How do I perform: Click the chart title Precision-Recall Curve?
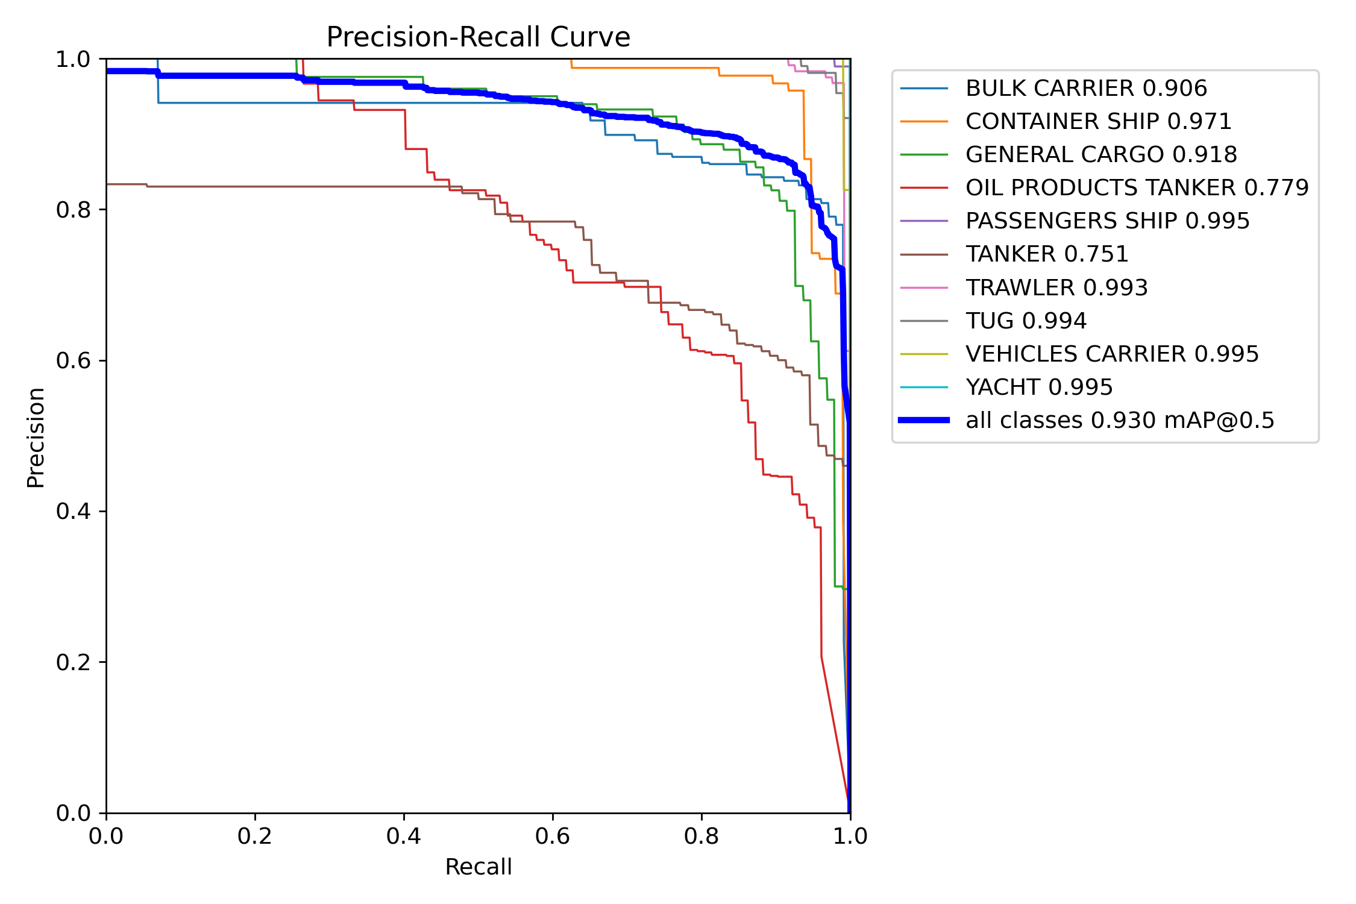[x=478, y=37]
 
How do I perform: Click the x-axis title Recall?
[x=478, y=867]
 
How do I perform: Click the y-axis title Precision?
[x=36, y=438]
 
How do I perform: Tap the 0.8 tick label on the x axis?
[x=701, y=836]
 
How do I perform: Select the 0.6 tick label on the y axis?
[x=73, y=361]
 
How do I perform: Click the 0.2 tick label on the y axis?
[x=73, y=662]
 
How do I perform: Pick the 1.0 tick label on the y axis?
[x=73, y=60]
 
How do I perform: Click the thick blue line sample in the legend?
[x=924, y=420]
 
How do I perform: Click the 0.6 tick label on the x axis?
[x=553, y=836]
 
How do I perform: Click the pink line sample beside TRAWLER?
[x=924, y=287]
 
